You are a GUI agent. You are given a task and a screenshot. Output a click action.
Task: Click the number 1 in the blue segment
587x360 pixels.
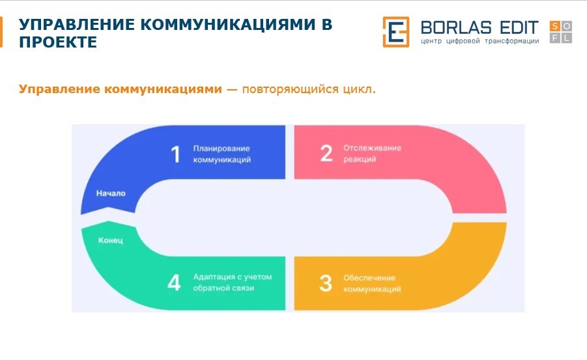(175, 154)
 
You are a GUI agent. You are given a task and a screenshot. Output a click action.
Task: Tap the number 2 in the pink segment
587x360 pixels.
(326, 153)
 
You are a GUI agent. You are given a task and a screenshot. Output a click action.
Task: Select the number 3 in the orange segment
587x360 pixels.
(326, 283)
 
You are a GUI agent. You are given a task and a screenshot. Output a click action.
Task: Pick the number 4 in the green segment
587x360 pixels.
(174, 282)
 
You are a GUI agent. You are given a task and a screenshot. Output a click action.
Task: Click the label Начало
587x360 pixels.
(111, 193)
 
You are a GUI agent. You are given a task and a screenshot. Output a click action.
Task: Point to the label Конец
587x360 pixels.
(111, 240)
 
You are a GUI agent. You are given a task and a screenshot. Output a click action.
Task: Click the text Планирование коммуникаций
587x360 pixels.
(222, 154)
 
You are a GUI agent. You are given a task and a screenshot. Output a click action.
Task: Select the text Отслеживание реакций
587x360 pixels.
(372, 154)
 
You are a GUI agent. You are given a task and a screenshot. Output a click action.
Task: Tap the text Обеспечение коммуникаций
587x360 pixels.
(372, 283)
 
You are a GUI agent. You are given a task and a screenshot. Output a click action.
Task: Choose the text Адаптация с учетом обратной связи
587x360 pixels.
(233, 283)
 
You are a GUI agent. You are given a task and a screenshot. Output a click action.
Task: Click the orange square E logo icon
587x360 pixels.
(395, 32)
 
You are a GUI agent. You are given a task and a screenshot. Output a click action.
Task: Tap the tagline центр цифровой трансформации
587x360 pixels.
(480, 41)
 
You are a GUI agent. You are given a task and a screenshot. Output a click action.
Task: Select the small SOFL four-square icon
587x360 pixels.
(561, 32)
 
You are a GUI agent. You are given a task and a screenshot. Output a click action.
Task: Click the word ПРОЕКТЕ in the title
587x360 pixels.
(58, 42)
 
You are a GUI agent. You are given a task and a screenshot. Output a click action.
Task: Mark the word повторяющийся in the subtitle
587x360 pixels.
(290, 90)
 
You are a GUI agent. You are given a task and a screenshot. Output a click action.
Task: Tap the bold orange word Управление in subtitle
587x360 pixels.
(59, 89)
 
